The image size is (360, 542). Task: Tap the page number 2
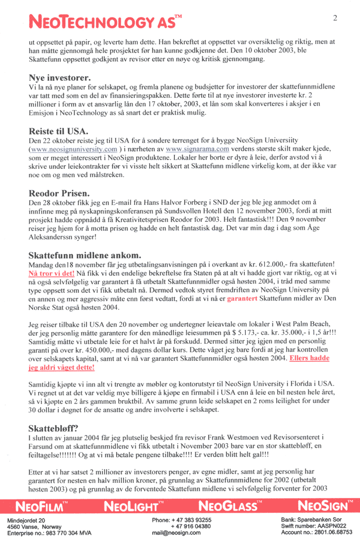pos(335,18)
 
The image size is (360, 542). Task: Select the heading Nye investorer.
pos(60,78)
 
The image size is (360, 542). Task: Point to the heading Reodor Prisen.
pos(59,194)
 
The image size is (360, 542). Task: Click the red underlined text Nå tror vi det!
pos(51,273)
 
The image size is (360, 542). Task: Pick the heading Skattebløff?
pos(53,429)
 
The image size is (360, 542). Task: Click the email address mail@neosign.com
pos(176,533)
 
